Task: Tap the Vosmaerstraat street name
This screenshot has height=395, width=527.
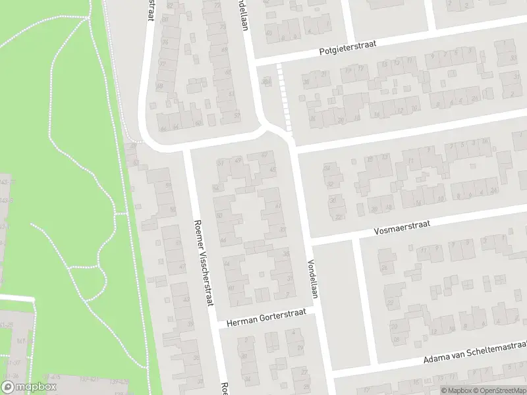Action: tap(401, 226)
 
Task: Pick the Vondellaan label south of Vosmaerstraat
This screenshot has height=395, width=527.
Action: tap(312, 278)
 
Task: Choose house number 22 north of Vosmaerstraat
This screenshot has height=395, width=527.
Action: tap(339, 216)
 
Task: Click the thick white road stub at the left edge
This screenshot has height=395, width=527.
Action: tap(16, 298)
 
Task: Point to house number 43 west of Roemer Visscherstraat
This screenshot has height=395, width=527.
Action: tap(186, 300)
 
